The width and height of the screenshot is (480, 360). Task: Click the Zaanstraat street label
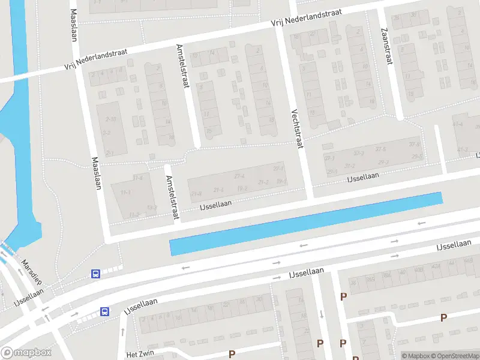point(386,47)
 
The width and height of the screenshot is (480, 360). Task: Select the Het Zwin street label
point(140,355)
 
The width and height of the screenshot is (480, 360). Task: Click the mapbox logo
point(25,353)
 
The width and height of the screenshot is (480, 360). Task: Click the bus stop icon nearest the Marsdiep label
point(95,274)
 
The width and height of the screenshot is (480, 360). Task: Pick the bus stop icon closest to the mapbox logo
point(104,311)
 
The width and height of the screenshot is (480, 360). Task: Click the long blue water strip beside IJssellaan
point(306,224)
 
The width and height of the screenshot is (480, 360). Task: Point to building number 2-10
point(110,119)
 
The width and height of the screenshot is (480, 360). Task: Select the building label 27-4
point(239,176)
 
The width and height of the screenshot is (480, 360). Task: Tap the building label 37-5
point(415,144)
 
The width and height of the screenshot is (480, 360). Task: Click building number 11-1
point(126,193)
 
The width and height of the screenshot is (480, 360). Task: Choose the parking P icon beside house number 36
point(344,296)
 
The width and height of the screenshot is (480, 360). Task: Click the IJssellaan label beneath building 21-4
point(215,204)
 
